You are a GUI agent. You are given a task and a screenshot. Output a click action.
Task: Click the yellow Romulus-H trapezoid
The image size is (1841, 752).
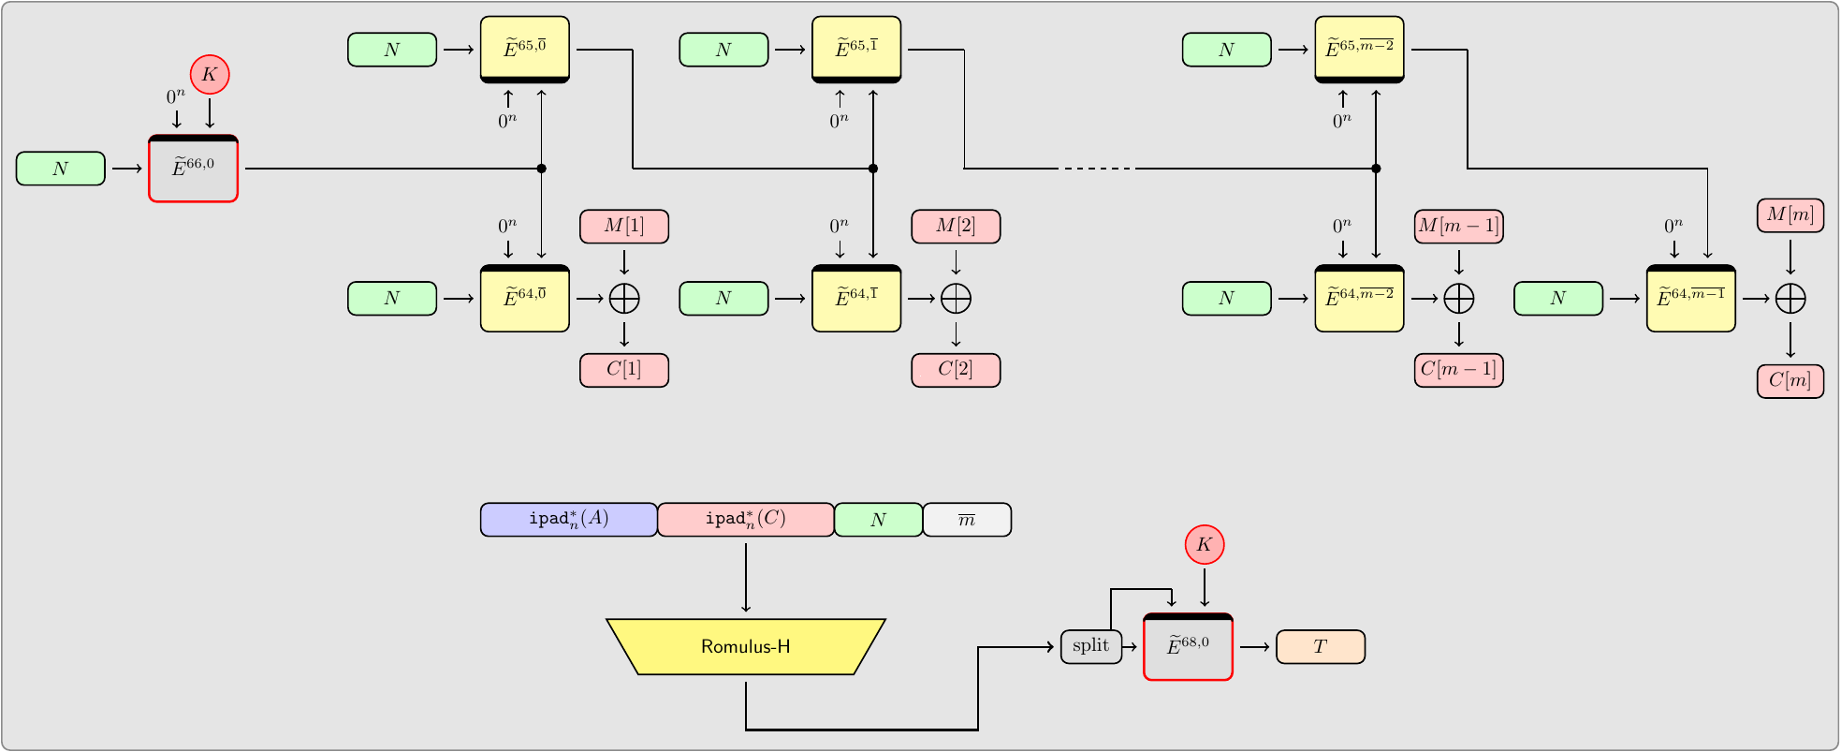coord(746,646)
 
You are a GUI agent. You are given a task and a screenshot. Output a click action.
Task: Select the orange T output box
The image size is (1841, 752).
coord(1320,647)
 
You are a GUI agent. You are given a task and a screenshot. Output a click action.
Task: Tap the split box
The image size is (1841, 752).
coord(1090,646)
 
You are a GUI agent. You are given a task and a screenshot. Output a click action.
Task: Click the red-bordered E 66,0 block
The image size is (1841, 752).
coord(194,169)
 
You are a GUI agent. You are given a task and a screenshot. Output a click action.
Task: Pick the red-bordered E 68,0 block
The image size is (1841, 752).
coord(1188,647)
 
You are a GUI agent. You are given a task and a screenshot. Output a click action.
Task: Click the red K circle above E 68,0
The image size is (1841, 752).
coord(1205,545)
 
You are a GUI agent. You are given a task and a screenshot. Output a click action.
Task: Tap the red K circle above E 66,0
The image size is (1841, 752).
coord(210,75)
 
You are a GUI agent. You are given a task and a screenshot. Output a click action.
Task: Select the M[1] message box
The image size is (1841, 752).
coord(624,227)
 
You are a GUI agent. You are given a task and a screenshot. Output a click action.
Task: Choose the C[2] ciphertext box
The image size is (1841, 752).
coord(956,370)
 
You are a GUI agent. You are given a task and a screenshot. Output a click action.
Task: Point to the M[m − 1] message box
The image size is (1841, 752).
coord(1458,227)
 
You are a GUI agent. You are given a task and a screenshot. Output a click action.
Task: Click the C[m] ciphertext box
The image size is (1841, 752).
coord(1790,381)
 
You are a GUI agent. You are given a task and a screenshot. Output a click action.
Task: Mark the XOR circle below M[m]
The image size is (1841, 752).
coord(1790,299)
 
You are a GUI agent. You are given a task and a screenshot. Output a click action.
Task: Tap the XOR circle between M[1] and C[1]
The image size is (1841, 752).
coord(624,299)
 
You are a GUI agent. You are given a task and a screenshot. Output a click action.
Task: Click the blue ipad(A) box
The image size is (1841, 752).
coord(569,520)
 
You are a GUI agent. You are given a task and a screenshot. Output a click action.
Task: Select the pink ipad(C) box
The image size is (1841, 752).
coord(746,520)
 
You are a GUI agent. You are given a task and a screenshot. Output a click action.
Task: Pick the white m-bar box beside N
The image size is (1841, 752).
coord(967,520)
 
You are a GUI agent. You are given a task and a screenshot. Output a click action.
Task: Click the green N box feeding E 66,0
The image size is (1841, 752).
coord(61,169)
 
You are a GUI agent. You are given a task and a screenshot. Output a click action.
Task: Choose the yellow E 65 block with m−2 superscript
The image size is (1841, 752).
coord(1359,50)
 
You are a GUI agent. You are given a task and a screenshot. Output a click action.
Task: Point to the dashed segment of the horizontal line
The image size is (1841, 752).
coord(1097,169)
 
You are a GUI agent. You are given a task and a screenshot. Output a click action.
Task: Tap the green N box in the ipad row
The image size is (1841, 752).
coord(878,520)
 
